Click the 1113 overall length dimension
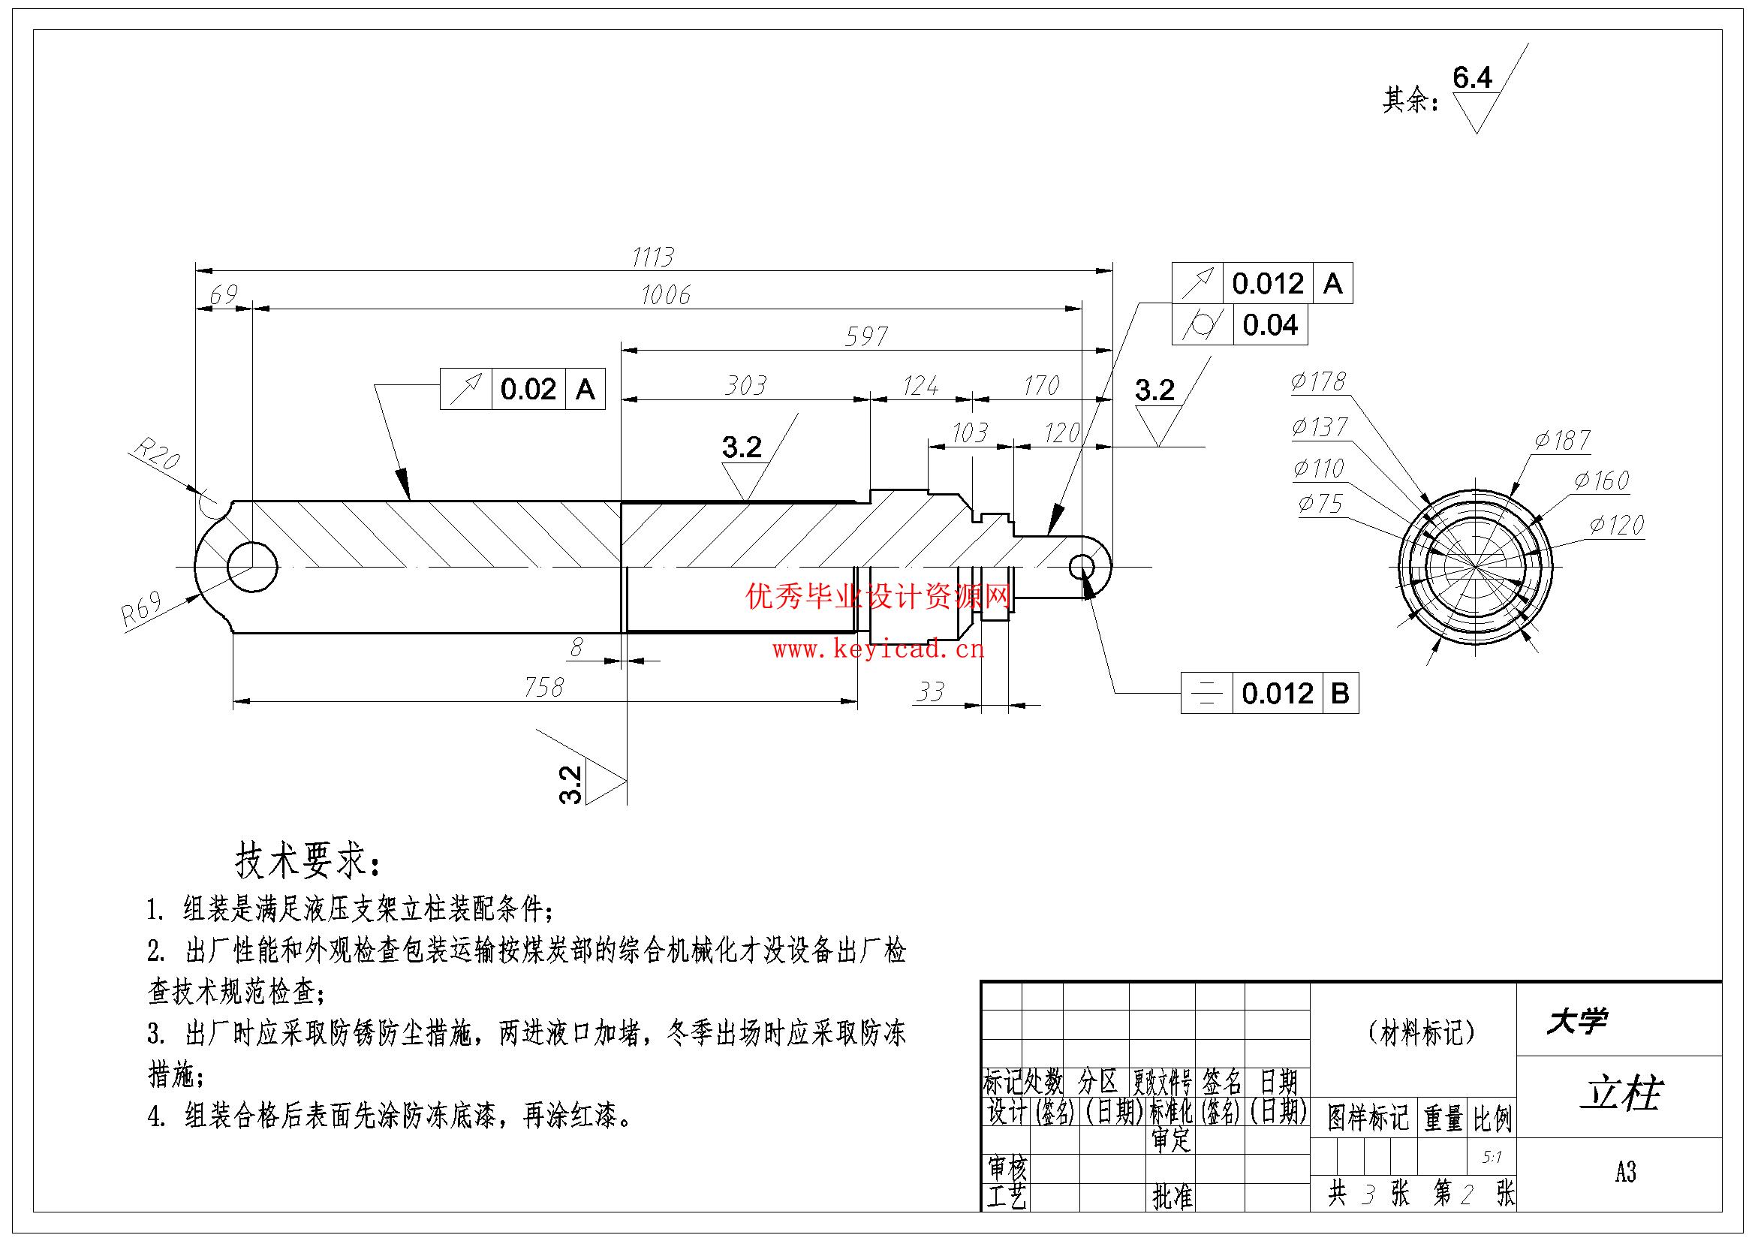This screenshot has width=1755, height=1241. tap(652, 257)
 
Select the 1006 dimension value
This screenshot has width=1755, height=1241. tap(665, 295)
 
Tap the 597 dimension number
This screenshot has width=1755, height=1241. tap(866, 336)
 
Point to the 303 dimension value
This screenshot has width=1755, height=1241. tap(745, 385)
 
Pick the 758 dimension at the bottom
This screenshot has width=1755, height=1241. tap(543, 688)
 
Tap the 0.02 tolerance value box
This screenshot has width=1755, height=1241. tap(528, 389)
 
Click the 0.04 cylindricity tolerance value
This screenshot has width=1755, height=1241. tap(1269, 325)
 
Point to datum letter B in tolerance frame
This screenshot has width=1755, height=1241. tap(1339, 693)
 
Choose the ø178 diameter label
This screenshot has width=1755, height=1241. tap(1318, 381)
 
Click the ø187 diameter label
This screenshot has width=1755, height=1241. tap(1561, 441)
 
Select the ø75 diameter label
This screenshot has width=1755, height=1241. tap(1320, 503)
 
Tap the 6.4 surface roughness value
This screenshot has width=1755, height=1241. tap(1471, 78)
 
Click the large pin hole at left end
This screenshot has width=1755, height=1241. tap(252, 568)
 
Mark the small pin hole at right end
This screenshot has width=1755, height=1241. tap(1082, 567)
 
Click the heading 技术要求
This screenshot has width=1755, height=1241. tap(306, 862)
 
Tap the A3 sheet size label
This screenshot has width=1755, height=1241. tap(1625, 1172)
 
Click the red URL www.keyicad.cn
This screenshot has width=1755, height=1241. tap(878, 650)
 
